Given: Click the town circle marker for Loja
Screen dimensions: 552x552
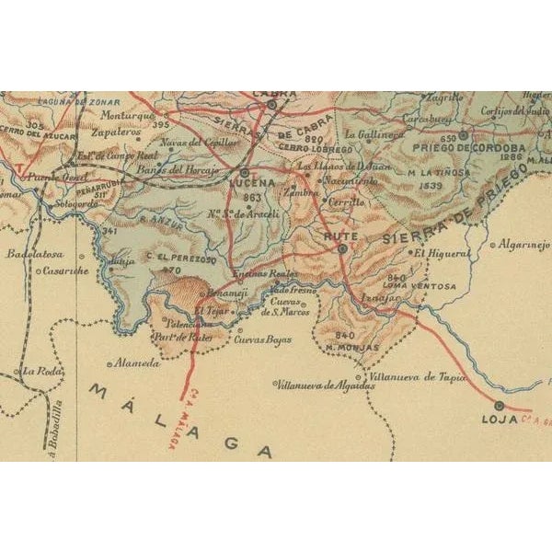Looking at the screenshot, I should tap(499, 405).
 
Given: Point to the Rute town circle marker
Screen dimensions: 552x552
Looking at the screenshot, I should tap(342, 248).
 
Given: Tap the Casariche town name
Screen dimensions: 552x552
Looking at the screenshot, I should tap(63, 270).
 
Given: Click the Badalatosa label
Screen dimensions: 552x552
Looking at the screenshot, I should tap(33, 252).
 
